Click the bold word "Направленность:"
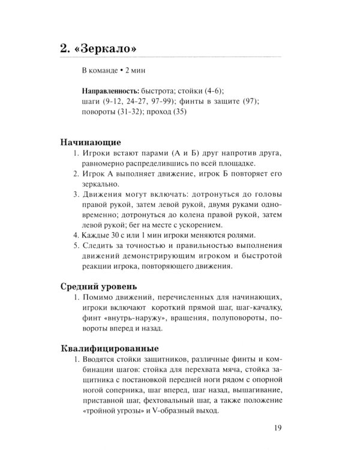(106, 92)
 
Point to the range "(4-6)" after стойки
(212, 92)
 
